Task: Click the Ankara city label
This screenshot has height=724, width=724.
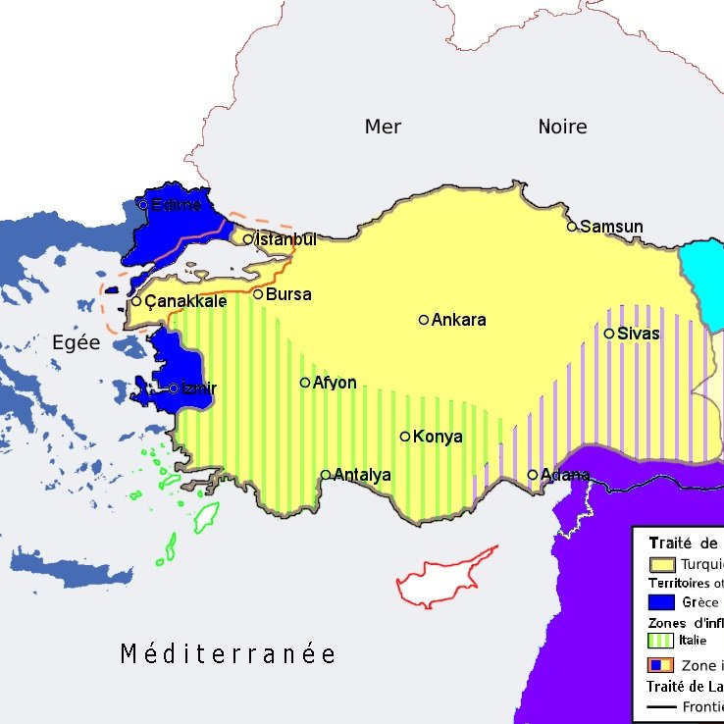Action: [458, 320]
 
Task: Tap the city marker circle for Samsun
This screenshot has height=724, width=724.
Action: [572, 227]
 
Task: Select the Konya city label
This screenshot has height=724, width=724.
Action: [438, 438]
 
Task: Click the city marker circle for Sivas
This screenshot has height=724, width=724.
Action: [609, 334]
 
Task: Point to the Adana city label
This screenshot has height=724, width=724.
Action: [565, 476]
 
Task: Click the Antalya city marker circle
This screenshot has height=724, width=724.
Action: [326, 475]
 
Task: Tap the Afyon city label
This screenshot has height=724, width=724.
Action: [335, 384]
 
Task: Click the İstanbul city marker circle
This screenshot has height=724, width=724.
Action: [248, 238]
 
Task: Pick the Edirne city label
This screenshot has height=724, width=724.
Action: [177, 205]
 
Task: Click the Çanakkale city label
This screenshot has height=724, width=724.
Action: [185, 302]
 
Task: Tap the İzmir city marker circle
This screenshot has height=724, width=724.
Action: [174, 388]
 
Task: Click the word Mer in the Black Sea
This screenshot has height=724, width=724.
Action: [383, 127]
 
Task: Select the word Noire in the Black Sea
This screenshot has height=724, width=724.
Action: [562, 127]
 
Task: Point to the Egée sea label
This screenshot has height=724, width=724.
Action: [76, 343]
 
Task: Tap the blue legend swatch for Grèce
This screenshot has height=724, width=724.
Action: [662, 602]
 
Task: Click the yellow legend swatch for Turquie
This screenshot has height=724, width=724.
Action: [662, 564]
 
